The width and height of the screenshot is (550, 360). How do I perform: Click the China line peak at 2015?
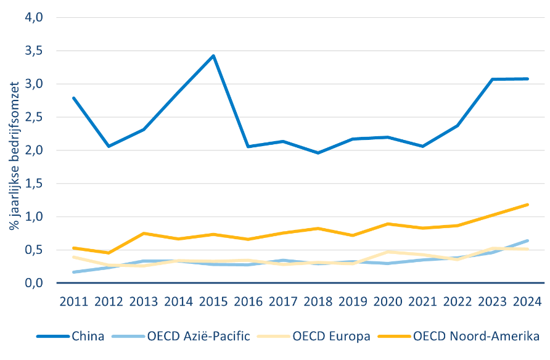pos(213,55)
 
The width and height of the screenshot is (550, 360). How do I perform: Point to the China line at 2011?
pos(73,98)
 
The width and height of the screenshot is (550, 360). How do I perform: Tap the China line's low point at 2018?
pos(318,153)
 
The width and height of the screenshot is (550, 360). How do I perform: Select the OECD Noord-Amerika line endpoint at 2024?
pos(527,205)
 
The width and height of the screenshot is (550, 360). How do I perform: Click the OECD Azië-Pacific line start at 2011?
pos(73,272)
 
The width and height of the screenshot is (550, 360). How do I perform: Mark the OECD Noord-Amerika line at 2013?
pos(144,233)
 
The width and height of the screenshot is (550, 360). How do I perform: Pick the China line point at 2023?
pos(492,80)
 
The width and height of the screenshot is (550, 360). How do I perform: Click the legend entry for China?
pos(70,336)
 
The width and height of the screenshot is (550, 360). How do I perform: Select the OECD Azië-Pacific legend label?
pos(199,336)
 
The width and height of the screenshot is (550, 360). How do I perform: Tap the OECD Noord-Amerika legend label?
pos(476,336)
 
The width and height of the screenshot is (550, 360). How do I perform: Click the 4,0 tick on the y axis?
pos(34,17)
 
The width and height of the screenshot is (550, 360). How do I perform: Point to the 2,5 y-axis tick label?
pos(34,117)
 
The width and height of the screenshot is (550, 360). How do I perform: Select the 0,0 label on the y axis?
pos(34,283)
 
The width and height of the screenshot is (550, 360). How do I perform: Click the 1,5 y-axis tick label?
pos(34,183)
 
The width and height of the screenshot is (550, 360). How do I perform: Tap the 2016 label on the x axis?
pos(248,301)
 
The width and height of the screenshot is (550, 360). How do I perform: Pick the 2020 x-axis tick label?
pos(388,301)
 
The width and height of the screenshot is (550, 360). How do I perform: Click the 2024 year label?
pos(527,301)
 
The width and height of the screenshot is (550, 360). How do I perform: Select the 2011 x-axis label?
pos(73,301)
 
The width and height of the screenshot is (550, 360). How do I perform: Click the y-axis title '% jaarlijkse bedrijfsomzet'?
pos(14,156)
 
